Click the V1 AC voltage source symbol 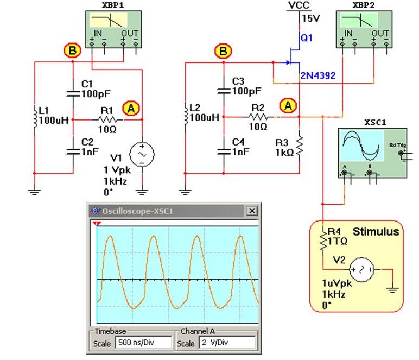[142, 155]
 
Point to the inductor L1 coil [35, 118]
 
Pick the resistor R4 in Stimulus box [323, 239]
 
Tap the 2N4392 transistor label [318, 76]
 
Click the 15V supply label [311, 18]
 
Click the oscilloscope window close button [252, 211]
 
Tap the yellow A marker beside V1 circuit [130, 108]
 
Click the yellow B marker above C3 [223, 52]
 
